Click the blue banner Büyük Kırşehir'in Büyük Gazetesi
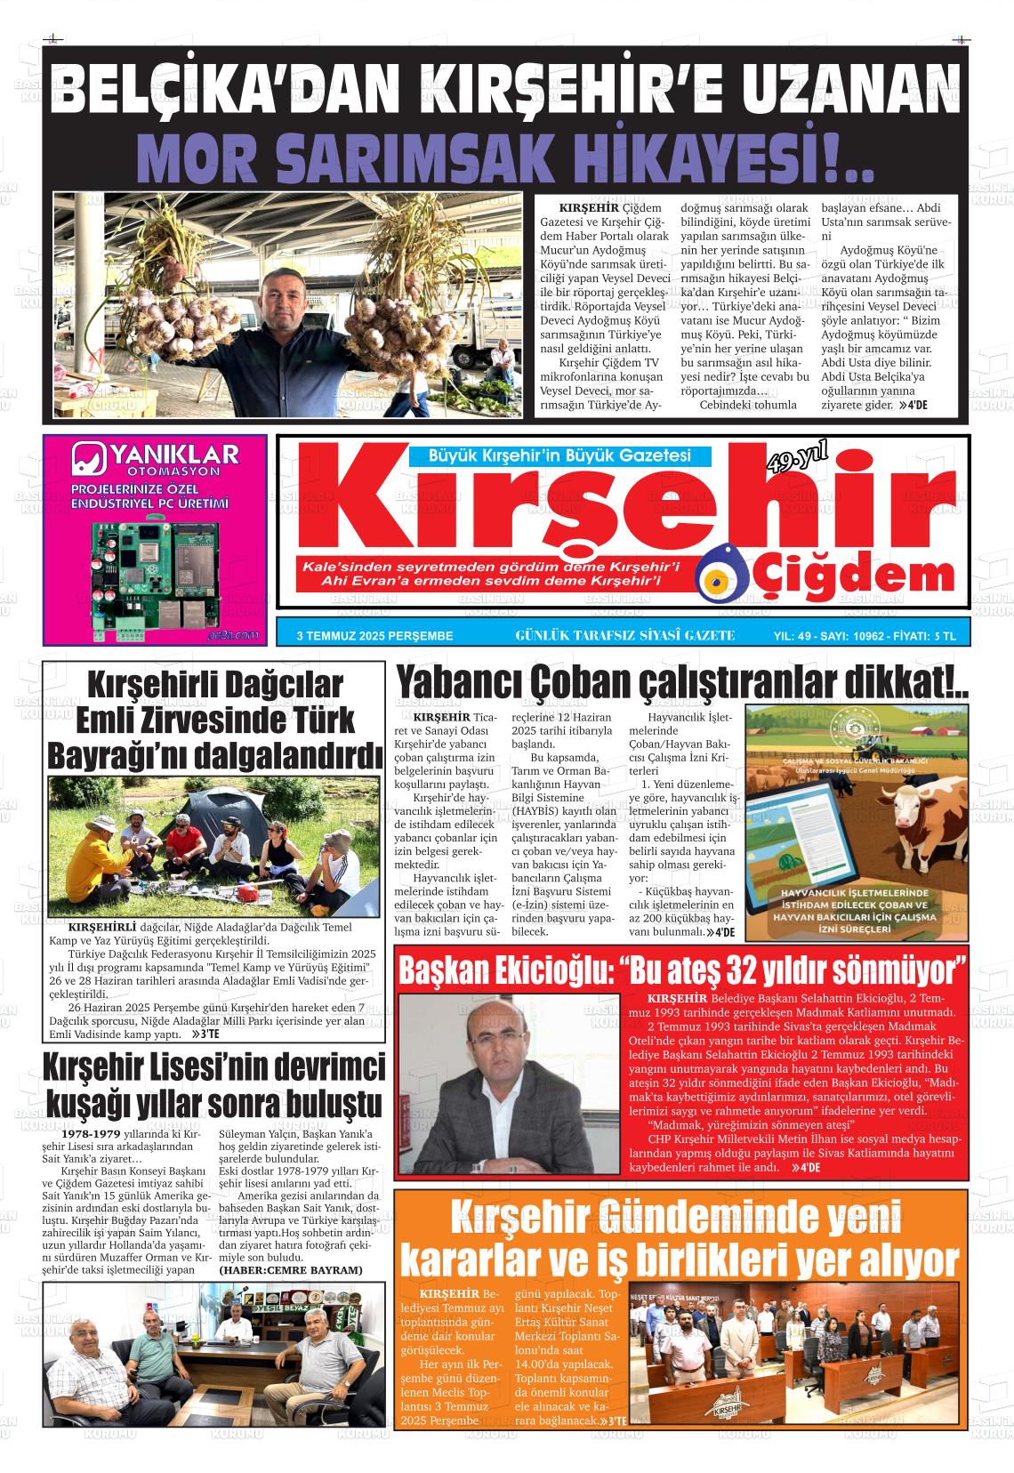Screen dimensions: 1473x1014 click(559, 456)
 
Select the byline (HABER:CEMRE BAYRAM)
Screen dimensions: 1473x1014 click(291, 1270)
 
